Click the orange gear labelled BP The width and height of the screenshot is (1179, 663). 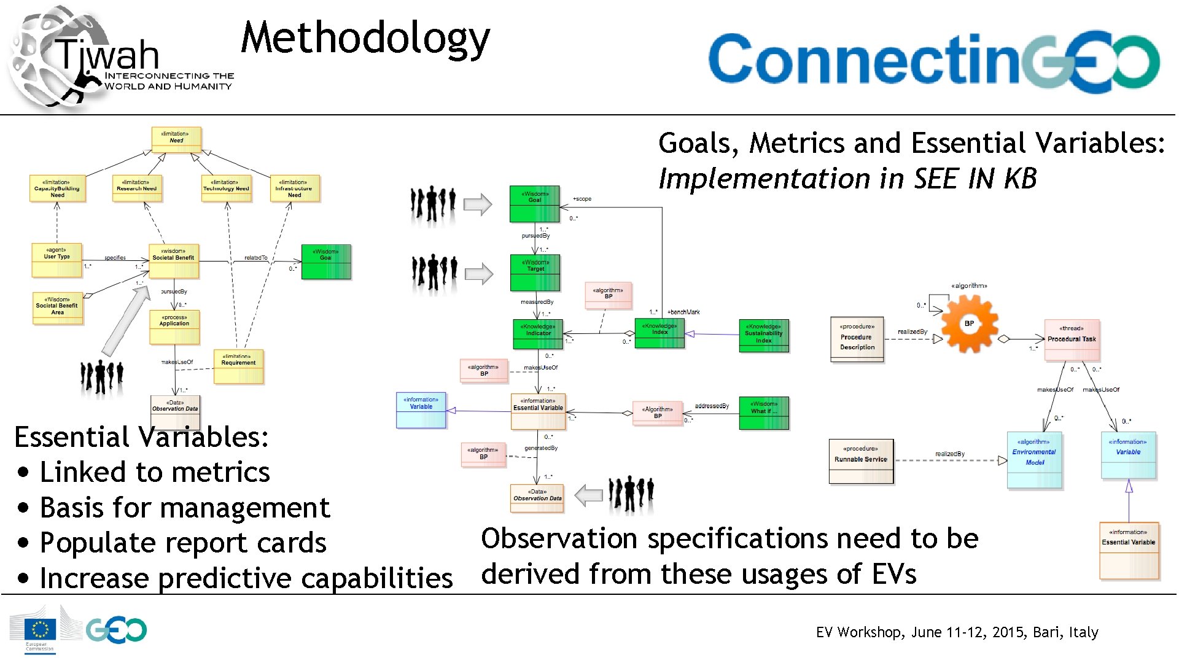coord(969,324)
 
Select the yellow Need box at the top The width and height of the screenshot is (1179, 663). coord(176,139)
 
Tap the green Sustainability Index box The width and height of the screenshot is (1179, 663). coord(763,335)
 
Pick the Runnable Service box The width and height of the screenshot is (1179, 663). coord(860,461)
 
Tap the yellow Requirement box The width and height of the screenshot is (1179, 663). coord(238,366)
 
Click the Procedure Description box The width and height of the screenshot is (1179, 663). coord(857,339)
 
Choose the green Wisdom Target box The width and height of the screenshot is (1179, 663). coord(535,273)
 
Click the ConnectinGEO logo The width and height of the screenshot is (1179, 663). coord(933,61)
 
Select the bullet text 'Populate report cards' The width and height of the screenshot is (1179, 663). coord(182,543)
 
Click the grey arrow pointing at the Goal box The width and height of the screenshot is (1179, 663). coord(478,204)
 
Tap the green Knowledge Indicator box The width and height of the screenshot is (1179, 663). coord(537,333)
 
